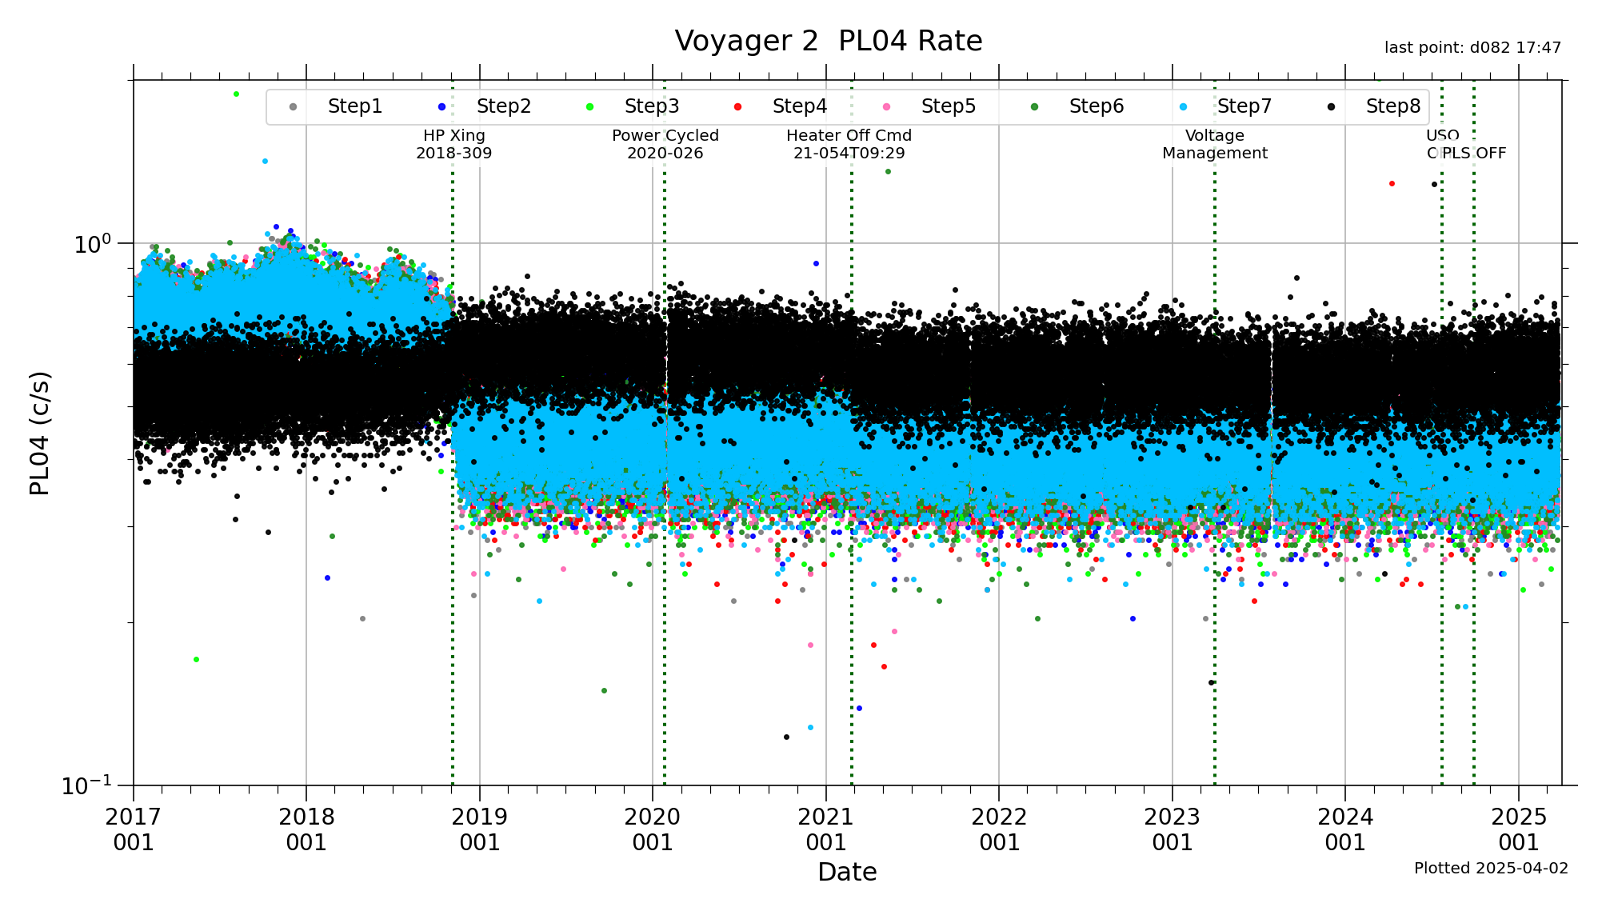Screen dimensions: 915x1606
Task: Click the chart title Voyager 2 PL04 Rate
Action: point(828,41)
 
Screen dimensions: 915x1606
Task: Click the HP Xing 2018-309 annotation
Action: point(453,144)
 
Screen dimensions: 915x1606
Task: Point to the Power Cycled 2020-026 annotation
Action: point(665,144)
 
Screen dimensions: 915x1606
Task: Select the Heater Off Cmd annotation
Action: point(849,144)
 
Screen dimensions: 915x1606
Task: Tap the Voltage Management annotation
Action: point(1214,144)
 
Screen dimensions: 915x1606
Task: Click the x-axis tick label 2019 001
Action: point(479,829)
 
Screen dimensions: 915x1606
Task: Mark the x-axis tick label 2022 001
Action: point(999,829)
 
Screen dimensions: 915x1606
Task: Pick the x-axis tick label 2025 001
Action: point(1518,829)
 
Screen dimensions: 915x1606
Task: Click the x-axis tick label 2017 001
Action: point(134,829)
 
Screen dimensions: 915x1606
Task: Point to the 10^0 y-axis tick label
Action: point(92,244)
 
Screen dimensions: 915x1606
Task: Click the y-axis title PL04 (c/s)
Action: point(40,433)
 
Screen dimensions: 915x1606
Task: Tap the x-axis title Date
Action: point(847,872)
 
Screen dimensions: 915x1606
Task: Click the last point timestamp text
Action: point(1472,48)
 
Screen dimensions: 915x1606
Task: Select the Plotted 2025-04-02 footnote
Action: point(1491,868)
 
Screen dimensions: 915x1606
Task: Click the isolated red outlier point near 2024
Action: point(1392,184)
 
